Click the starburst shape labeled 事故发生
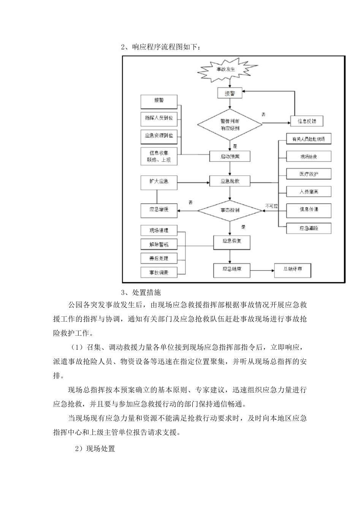point(226,70)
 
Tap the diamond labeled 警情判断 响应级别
point(230,124)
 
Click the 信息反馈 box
point(306,121)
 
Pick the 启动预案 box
point(230,156)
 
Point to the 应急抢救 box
point(230,182)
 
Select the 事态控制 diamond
point(230,210)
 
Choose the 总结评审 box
point(293,270)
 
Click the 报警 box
point(159,101)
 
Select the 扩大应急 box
point(159,182)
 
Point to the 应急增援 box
point(159,210)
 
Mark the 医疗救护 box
point(309,174)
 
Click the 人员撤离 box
point(309,192)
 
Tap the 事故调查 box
point(159,272)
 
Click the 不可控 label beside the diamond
point(272,206)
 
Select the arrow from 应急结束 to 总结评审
point(262,270)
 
